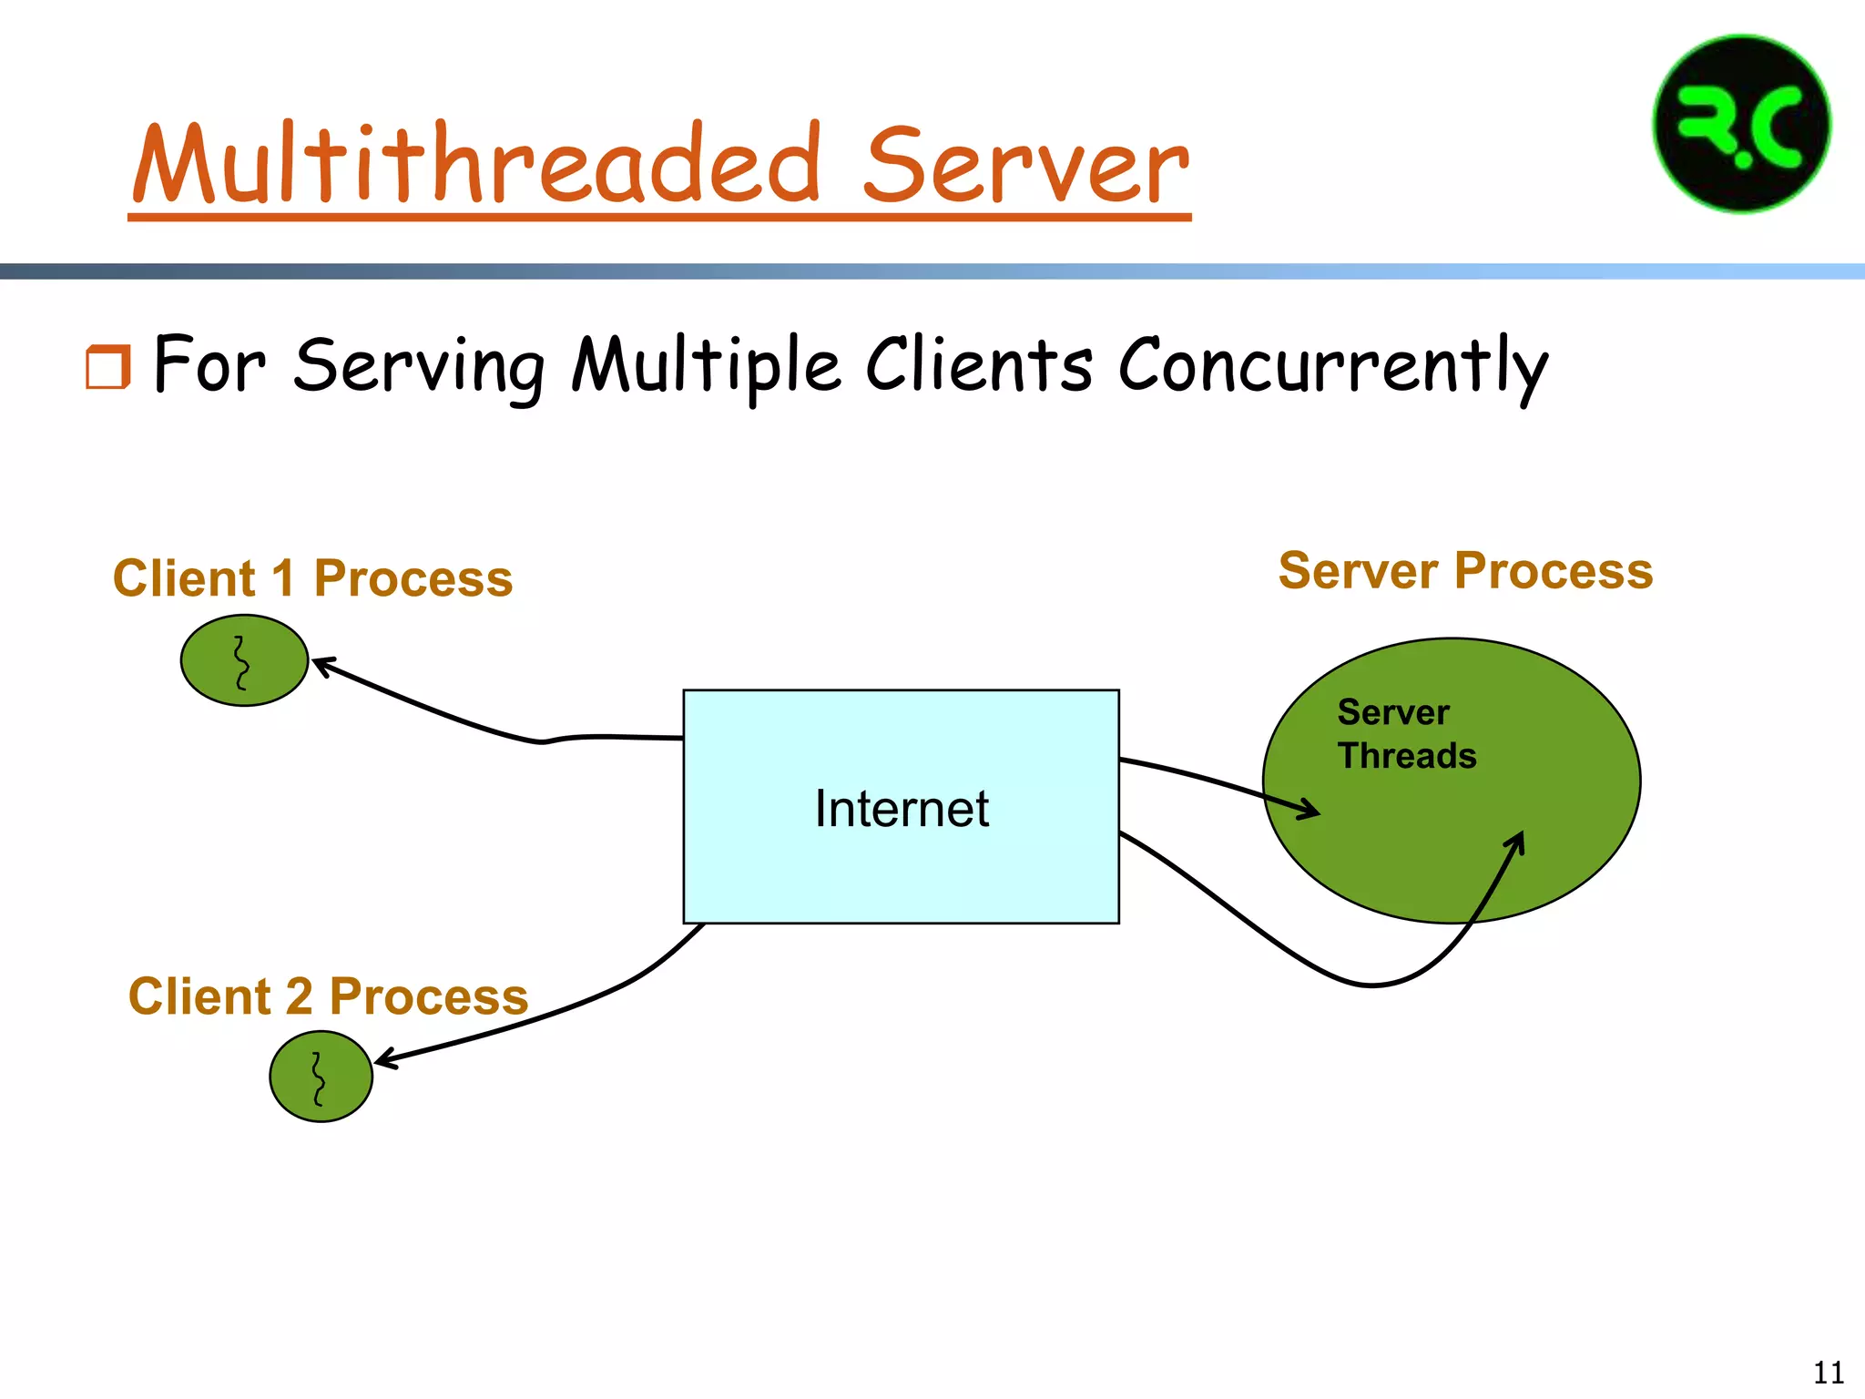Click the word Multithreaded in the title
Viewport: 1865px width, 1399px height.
(x=478, y=164)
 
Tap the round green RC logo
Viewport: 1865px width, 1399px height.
(x=1741, y=125)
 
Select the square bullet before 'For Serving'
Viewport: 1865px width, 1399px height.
(x=107, y=367)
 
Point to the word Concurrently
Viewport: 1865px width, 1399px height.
(x=1331, y=366)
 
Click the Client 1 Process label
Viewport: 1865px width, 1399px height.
(x=312, y=578)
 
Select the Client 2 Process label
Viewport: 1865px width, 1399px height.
(x=328, y=996)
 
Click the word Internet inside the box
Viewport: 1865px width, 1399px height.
(x=901, y=809)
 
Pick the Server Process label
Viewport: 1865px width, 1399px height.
(x=1465, y=571)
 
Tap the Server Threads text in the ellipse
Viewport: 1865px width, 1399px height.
(x=1405, y=734)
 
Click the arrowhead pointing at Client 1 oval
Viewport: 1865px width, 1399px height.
(x=321, y=663)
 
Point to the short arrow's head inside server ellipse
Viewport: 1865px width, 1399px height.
(x=1311, y=809)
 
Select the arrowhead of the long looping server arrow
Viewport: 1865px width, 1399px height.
(x=1517, y=841)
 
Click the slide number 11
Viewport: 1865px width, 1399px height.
(x=1828, y=1372)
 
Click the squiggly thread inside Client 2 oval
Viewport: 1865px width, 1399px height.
(x=318, y=1078)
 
